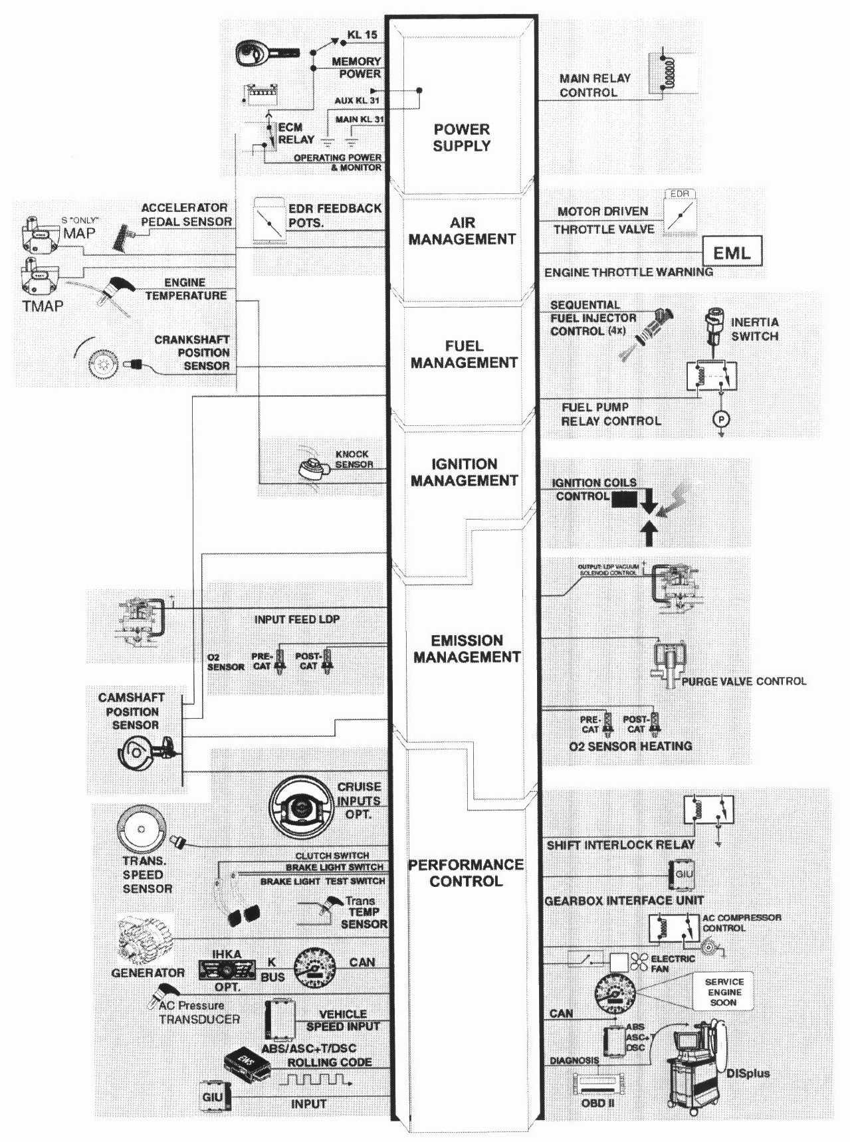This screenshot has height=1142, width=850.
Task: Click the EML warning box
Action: click(x=732, y=252)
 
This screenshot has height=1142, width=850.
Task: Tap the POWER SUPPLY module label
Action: click(x=461, y=138)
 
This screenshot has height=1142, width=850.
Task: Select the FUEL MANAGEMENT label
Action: click(x=464, y=354)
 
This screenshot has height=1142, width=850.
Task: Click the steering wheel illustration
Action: click(x=302, y=807)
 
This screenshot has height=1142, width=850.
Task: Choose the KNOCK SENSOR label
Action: click(x=354, y=459)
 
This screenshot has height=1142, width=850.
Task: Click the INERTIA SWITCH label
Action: click(x=754, y=329)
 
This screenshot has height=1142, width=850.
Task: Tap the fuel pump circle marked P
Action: click(x=721, y=419)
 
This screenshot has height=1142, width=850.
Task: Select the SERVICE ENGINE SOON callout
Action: click(x=724, y=992)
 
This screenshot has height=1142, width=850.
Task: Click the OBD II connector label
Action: click(x=597, y=1103)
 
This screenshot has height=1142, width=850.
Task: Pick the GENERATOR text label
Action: click(x=148, y=973)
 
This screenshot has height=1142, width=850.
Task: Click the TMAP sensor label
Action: click(x=43, y=306)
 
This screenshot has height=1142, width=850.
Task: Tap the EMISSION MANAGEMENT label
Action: click(x=467, y=648)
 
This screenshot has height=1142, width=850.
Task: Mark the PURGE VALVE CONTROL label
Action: click(x=744, y=681)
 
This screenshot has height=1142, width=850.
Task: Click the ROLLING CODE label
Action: click(x=329, y=1062)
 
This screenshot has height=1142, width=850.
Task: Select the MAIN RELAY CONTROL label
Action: click(x=594, y=85)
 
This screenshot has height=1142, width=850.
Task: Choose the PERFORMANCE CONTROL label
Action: click(x=465, y=872)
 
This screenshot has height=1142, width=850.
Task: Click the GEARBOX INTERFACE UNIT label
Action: click(x=624, y=901)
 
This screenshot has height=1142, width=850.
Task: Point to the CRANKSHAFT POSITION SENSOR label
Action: click(x=192, y=352)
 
